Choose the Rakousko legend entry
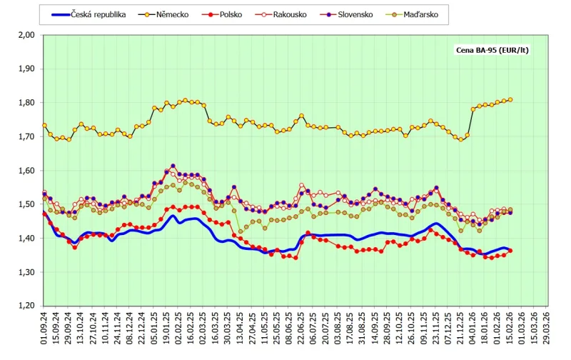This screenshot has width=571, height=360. coord(318,14)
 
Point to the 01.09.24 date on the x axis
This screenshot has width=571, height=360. coord(44,331)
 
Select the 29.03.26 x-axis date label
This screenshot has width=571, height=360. coord(547,331)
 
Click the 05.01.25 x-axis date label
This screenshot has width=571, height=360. coord(154,331)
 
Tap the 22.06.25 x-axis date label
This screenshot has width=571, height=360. coord(301,331)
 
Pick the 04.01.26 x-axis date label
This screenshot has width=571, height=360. coord(473,331)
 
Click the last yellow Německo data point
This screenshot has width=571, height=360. coord(510,100)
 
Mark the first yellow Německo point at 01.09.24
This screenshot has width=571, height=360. coord(44,125)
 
